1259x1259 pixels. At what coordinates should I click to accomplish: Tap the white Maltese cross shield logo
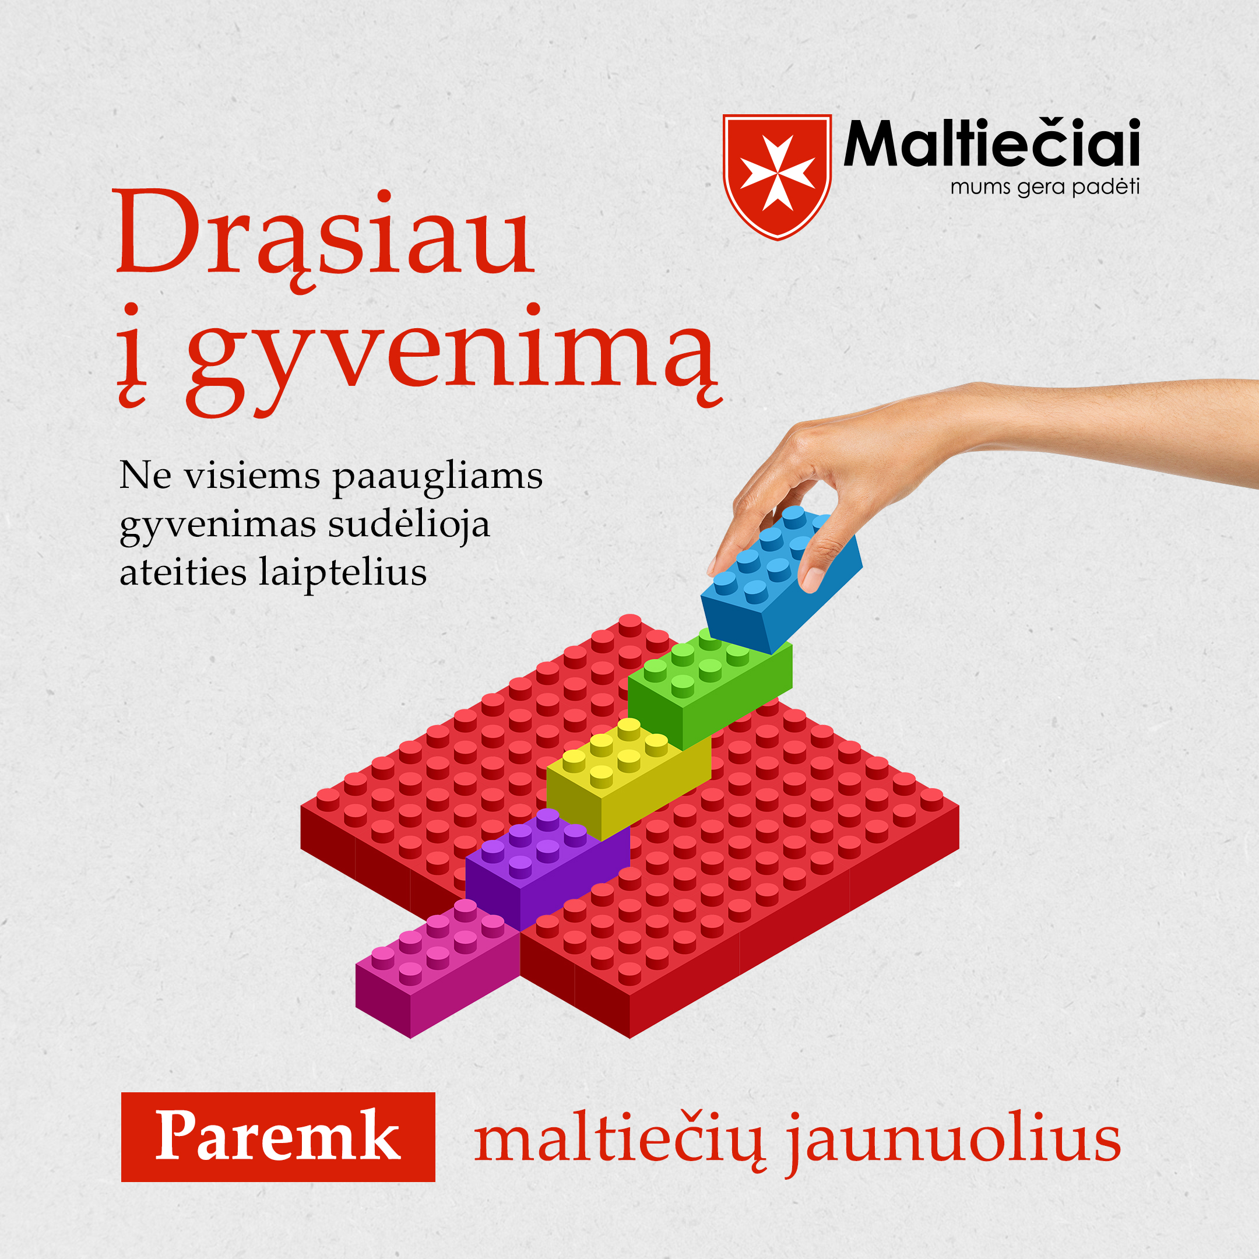click(777, 177)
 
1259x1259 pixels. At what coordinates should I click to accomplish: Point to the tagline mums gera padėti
click(1045, 188)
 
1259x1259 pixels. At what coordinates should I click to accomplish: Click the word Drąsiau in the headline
click(324, 238)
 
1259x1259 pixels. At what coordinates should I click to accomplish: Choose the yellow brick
click(628, 778)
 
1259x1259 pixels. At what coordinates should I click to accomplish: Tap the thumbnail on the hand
click(811, 578)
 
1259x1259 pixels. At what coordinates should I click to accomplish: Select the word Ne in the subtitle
click(145, 475)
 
